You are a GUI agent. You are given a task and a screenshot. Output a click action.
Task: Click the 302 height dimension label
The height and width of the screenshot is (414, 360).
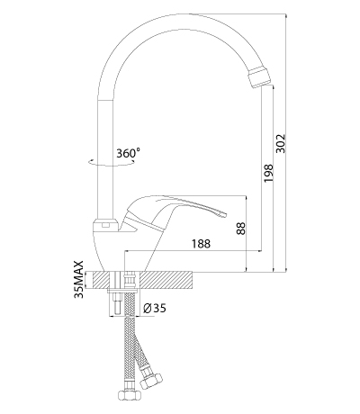point(281,143)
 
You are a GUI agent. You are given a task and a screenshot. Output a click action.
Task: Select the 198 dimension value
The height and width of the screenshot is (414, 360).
point(268,173)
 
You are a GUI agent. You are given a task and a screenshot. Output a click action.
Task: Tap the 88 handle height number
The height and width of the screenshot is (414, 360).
point(241,228)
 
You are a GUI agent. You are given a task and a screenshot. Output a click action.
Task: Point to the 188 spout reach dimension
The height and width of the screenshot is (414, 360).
point(201,243)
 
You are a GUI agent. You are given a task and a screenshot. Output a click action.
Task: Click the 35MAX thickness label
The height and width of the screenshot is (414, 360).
point(78,280)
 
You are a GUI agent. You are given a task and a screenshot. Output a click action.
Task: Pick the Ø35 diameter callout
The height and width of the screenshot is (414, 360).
point(155,308)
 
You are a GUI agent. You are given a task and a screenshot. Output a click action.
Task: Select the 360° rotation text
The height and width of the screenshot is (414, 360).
point(128,153)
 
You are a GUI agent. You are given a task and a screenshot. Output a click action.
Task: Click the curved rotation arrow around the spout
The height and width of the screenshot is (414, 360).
point(112,163)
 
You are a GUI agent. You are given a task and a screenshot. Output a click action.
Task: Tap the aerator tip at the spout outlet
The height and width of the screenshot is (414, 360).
point(259,76)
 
